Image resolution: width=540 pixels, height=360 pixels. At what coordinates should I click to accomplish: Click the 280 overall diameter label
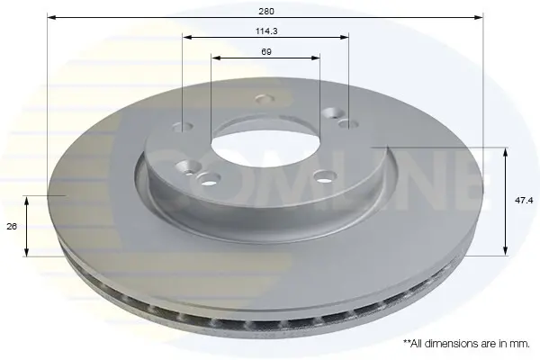coord(266,12)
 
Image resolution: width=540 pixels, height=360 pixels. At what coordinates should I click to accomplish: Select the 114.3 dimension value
coord(266,31)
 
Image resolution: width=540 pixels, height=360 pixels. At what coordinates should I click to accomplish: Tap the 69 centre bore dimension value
coord(266,51)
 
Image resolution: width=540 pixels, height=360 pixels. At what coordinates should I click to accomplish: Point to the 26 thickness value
coord(12,226)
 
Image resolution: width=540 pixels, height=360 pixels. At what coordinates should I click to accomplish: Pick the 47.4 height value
coord(524,200)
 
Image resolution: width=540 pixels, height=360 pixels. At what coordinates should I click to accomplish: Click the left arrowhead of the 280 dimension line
coord(51,17)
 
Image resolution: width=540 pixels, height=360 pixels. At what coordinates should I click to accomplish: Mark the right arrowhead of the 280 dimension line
coord(479,17)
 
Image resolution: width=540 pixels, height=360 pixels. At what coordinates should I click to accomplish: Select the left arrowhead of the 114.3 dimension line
coord(187,37)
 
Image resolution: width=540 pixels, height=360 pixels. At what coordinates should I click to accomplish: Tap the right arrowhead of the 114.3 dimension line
coord(345,37)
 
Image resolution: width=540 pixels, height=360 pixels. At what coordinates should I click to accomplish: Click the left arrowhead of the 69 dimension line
coord(216,58)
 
